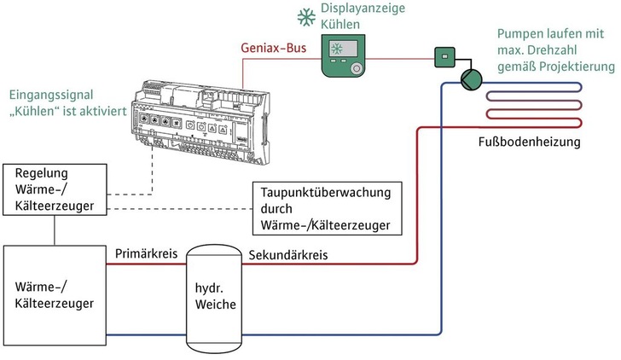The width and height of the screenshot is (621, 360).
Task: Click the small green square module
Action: pyautogui.click(x=444, y=57)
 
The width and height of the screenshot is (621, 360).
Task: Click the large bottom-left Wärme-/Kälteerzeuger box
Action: pyautogui.click(x=55, y=293)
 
